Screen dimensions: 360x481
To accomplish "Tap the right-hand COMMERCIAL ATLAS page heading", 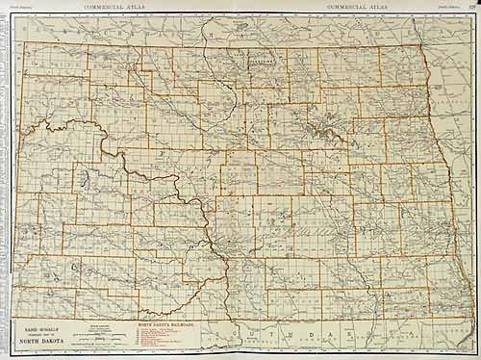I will (x=357, y=6).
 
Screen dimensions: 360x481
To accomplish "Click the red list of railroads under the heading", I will (x=160, y=339).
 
